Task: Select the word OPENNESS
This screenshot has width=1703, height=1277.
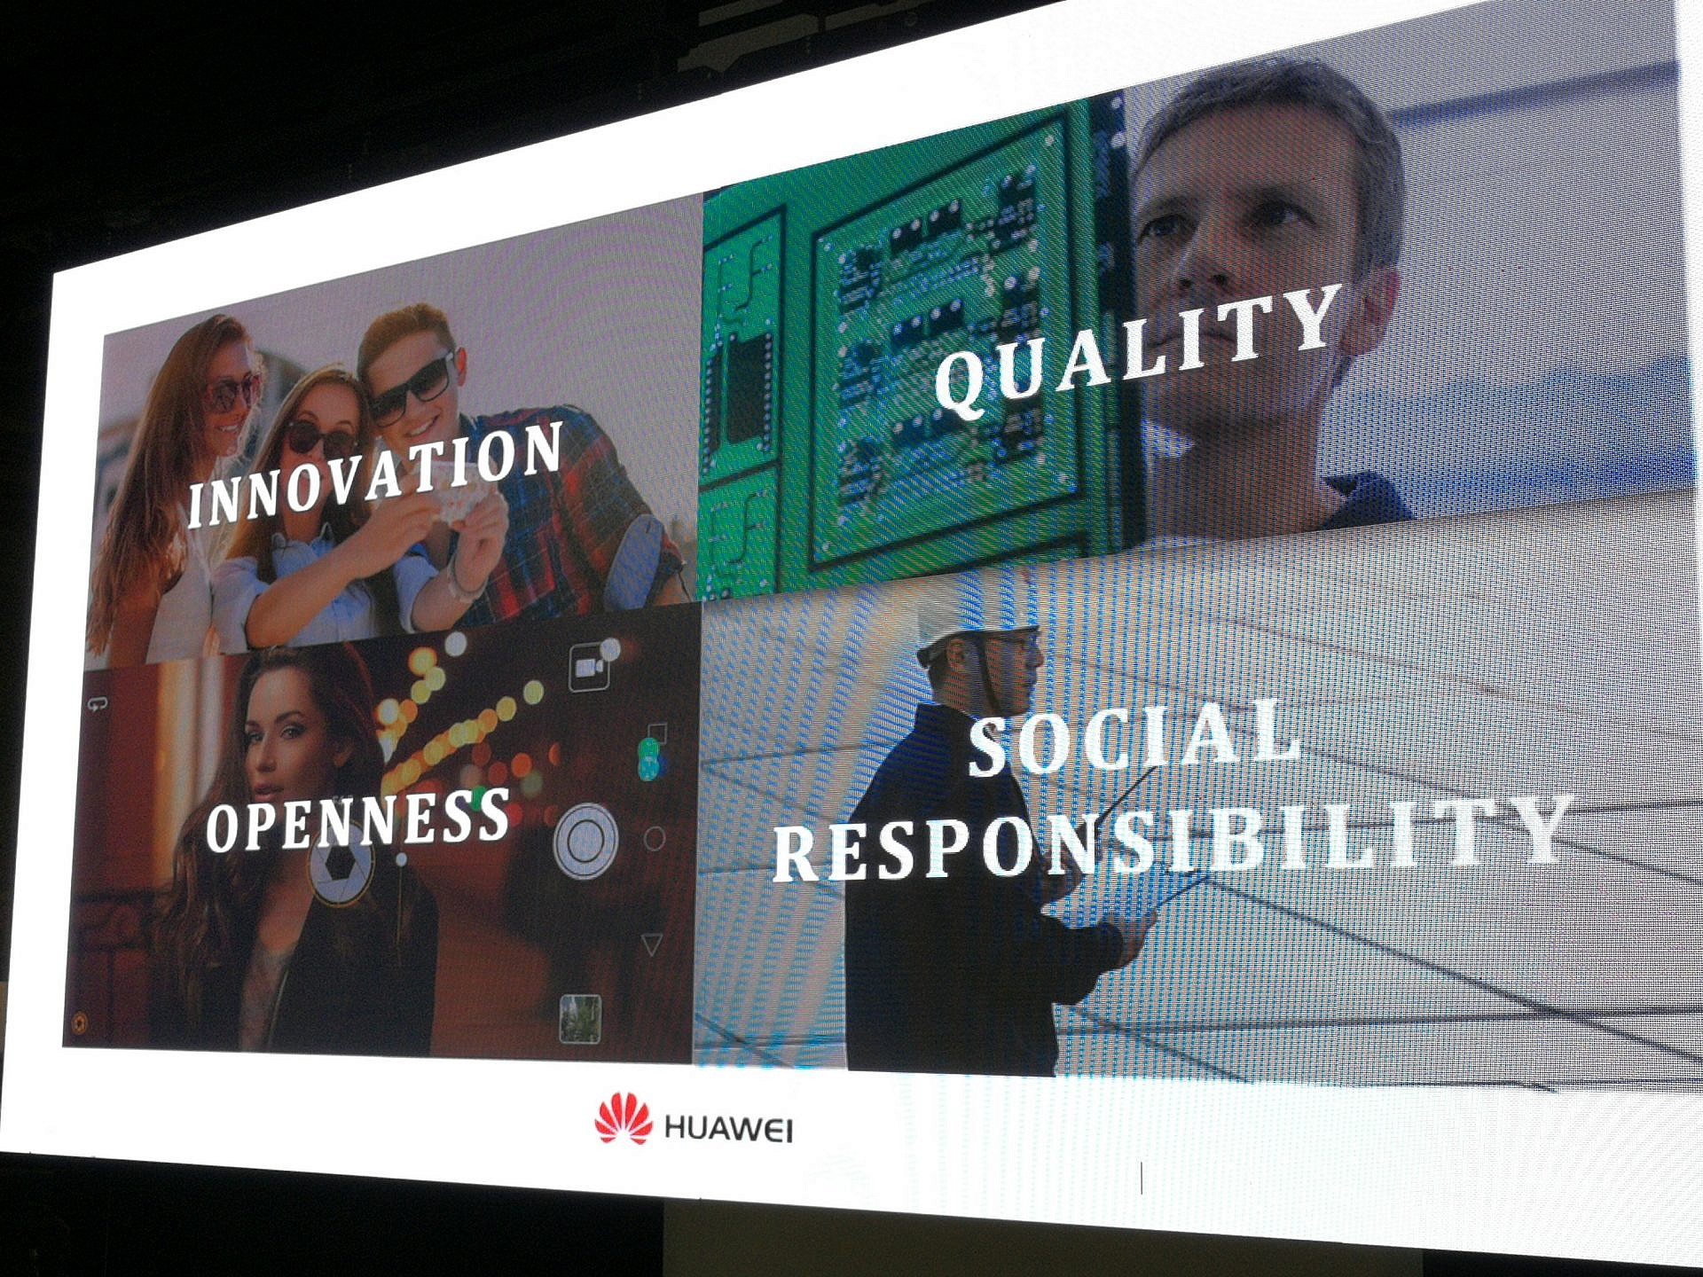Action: point(357,820)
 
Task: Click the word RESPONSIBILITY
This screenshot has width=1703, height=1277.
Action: point(1171,837)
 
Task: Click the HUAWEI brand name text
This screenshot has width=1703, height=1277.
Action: point(728,1129)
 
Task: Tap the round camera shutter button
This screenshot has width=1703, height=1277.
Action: point(585,839)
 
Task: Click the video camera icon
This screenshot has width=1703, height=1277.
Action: point(588,666)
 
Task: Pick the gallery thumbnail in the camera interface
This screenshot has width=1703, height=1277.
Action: point(581,1018)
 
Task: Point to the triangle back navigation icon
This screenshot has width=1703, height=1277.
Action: point(653,944)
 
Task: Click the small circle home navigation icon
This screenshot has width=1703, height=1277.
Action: point(655,838)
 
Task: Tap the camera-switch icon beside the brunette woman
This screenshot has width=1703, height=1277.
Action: point(97,705)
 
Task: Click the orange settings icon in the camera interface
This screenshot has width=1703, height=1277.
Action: point(79,1022)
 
